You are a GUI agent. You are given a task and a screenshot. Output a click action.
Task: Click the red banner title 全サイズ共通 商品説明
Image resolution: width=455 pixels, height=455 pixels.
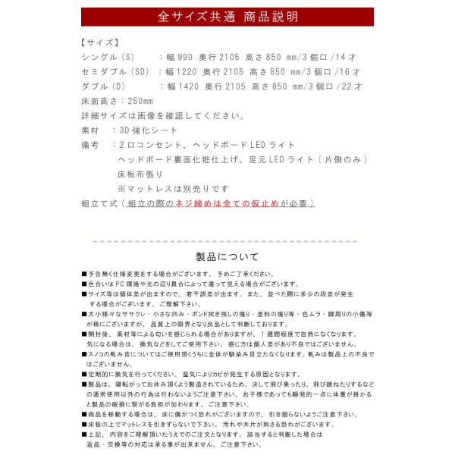coord(227,16)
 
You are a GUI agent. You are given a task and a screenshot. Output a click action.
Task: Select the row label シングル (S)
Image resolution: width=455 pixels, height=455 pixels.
coord(106,58)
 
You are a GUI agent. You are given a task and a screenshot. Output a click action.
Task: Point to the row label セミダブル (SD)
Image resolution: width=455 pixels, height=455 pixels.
coord(115,72)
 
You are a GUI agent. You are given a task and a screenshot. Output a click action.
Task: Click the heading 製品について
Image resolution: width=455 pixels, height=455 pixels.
coord(227,256)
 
